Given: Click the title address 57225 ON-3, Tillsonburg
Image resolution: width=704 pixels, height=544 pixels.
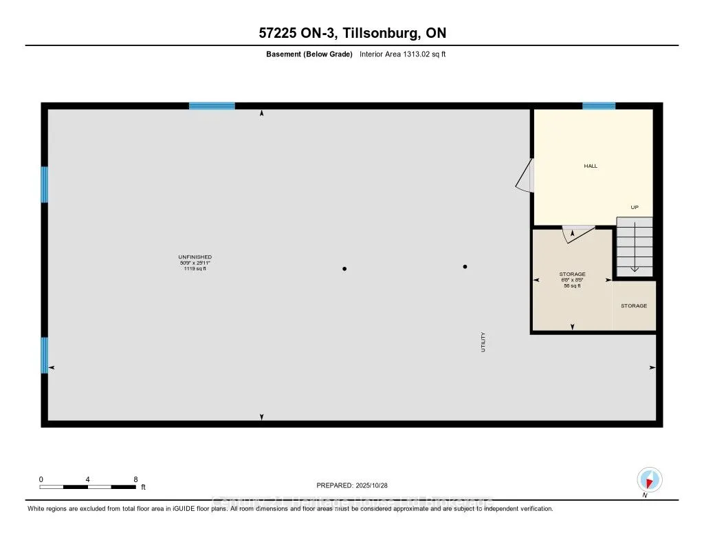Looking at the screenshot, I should click(x=351, y=33).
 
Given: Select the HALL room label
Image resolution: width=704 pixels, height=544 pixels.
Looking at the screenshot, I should click(x=591, y=166).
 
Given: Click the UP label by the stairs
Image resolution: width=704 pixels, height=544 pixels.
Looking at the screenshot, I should click(x=635, y=207).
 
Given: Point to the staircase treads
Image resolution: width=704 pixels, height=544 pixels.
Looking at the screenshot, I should click(x=635, y=248).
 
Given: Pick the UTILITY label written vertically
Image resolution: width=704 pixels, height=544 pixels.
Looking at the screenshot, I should click(x=483, y=342).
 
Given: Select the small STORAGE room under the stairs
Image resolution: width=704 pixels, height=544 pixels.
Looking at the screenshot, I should click(x=634, y=305).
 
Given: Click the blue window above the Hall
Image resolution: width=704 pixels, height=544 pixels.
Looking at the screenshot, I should click(x=598, y=106).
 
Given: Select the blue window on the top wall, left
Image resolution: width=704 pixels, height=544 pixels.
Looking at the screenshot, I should click(x=212, y=106).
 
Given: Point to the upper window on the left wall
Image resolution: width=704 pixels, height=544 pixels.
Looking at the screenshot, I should click(x=45, y=184).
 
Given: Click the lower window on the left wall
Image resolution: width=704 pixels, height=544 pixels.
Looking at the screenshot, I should click(x=45, y=355).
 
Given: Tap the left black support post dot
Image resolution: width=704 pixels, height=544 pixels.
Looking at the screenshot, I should click(x=344, y=269).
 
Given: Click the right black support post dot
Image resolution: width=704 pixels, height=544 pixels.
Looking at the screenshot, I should click(x=465, y=267).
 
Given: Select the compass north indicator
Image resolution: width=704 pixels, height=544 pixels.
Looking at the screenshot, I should click(x=649, y=479).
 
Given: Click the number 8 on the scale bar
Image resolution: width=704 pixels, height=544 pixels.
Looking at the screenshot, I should click(x=135, y=479).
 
